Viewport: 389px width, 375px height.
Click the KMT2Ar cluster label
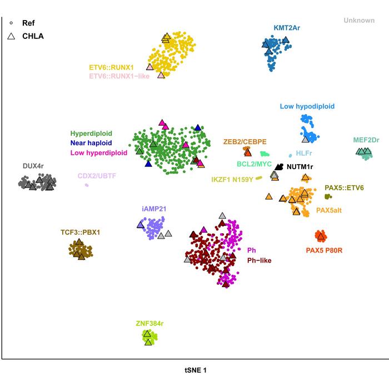[x=289, y=27]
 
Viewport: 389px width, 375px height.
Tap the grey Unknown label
[x=358, y=21]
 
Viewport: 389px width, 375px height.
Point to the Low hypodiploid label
[x=307, y=106]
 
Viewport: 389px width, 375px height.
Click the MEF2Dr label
[x=367, y=140]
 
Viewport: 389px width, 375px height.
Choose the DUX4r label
[x=33, y=165]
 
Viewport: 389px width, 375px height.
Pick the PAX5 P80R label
[x=324, y=250]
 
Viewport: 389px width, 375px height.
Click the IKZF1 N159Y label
[x=232, y=179]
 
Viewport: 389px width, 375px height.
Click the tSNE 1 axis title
[x=195, y=369]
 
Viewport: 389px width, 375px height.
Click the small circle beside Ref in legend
[x=11, y=23]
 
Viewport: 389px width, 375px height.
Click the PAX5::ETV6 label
[x=344, y=188]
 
